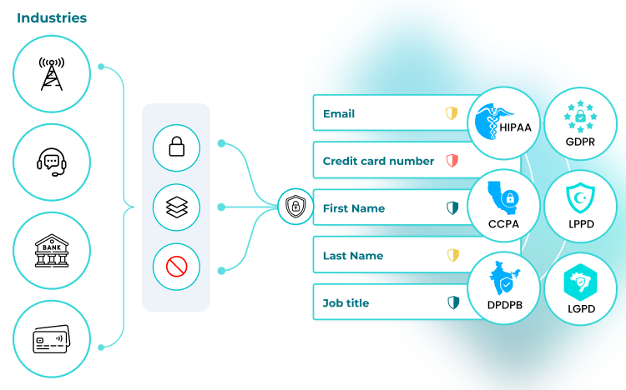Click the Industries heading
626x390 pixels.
[52, 17]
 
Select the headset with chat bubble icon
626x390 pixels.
[51, 162]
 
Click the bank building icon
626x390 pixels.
[51, 250]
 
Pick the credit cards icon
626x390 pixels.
[51, 338]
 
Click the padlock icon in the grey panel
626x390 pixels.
[176, 147]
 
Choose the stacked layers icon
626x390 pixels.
[176, 207]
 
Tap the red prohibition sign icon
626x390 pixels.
[176, 267]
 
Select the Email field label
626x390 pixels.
[339, 113]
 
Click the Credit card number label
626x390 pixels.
[378, 161]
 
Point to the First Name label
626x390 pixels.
[354, 208]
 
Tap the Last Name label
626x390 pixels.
[353, 256]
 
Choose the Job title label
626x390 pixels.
[346, 303]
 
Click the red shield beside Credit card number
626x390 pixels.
[452, 161]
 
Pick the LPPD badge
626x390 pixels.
[580, 207]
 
